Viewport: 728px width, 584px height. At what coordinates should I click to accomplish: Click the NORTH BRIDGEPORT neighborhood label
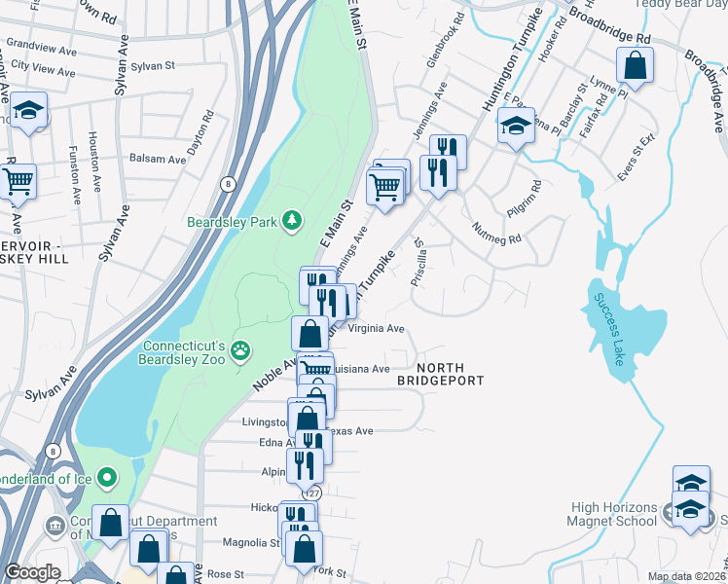pos(440,375)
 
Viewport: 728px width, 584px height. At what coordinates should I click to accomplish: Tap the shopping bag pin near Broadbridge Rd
pos(635,66)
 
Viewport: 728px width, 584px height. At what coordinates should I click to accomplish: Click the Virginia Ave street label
pos(376,329)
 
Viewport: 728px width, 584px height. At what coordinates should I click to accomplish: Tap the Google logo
pos(32,573)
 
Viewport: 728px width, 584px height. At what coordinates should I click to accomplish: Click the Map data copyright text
pos(687,576)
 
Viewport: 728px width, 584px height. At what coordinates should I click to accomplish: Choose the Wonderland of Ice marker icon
pos(107,478)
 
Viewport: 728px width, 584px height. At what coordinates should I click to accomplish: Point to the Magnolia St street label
pos(244,543)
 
